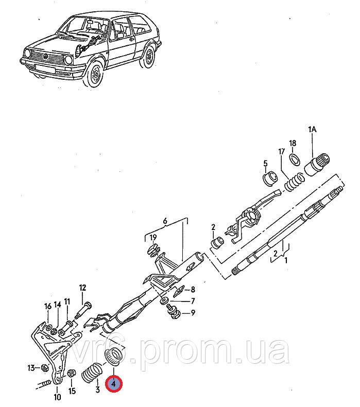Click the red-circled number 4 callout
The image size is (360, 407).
(113, 384)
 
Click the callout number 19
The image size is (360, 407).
(152, 237)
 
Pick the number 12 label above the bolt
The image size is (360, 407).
(82, 288)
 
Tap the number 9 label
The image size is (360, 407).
(193, 312)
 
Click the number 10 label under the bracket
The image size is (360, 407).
(57, 397)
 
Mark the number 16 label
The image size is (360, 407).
(48, 306)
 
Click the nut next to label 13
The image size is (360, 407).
(45, 367)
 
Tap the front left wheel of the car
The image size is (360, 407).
(95, 76)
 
